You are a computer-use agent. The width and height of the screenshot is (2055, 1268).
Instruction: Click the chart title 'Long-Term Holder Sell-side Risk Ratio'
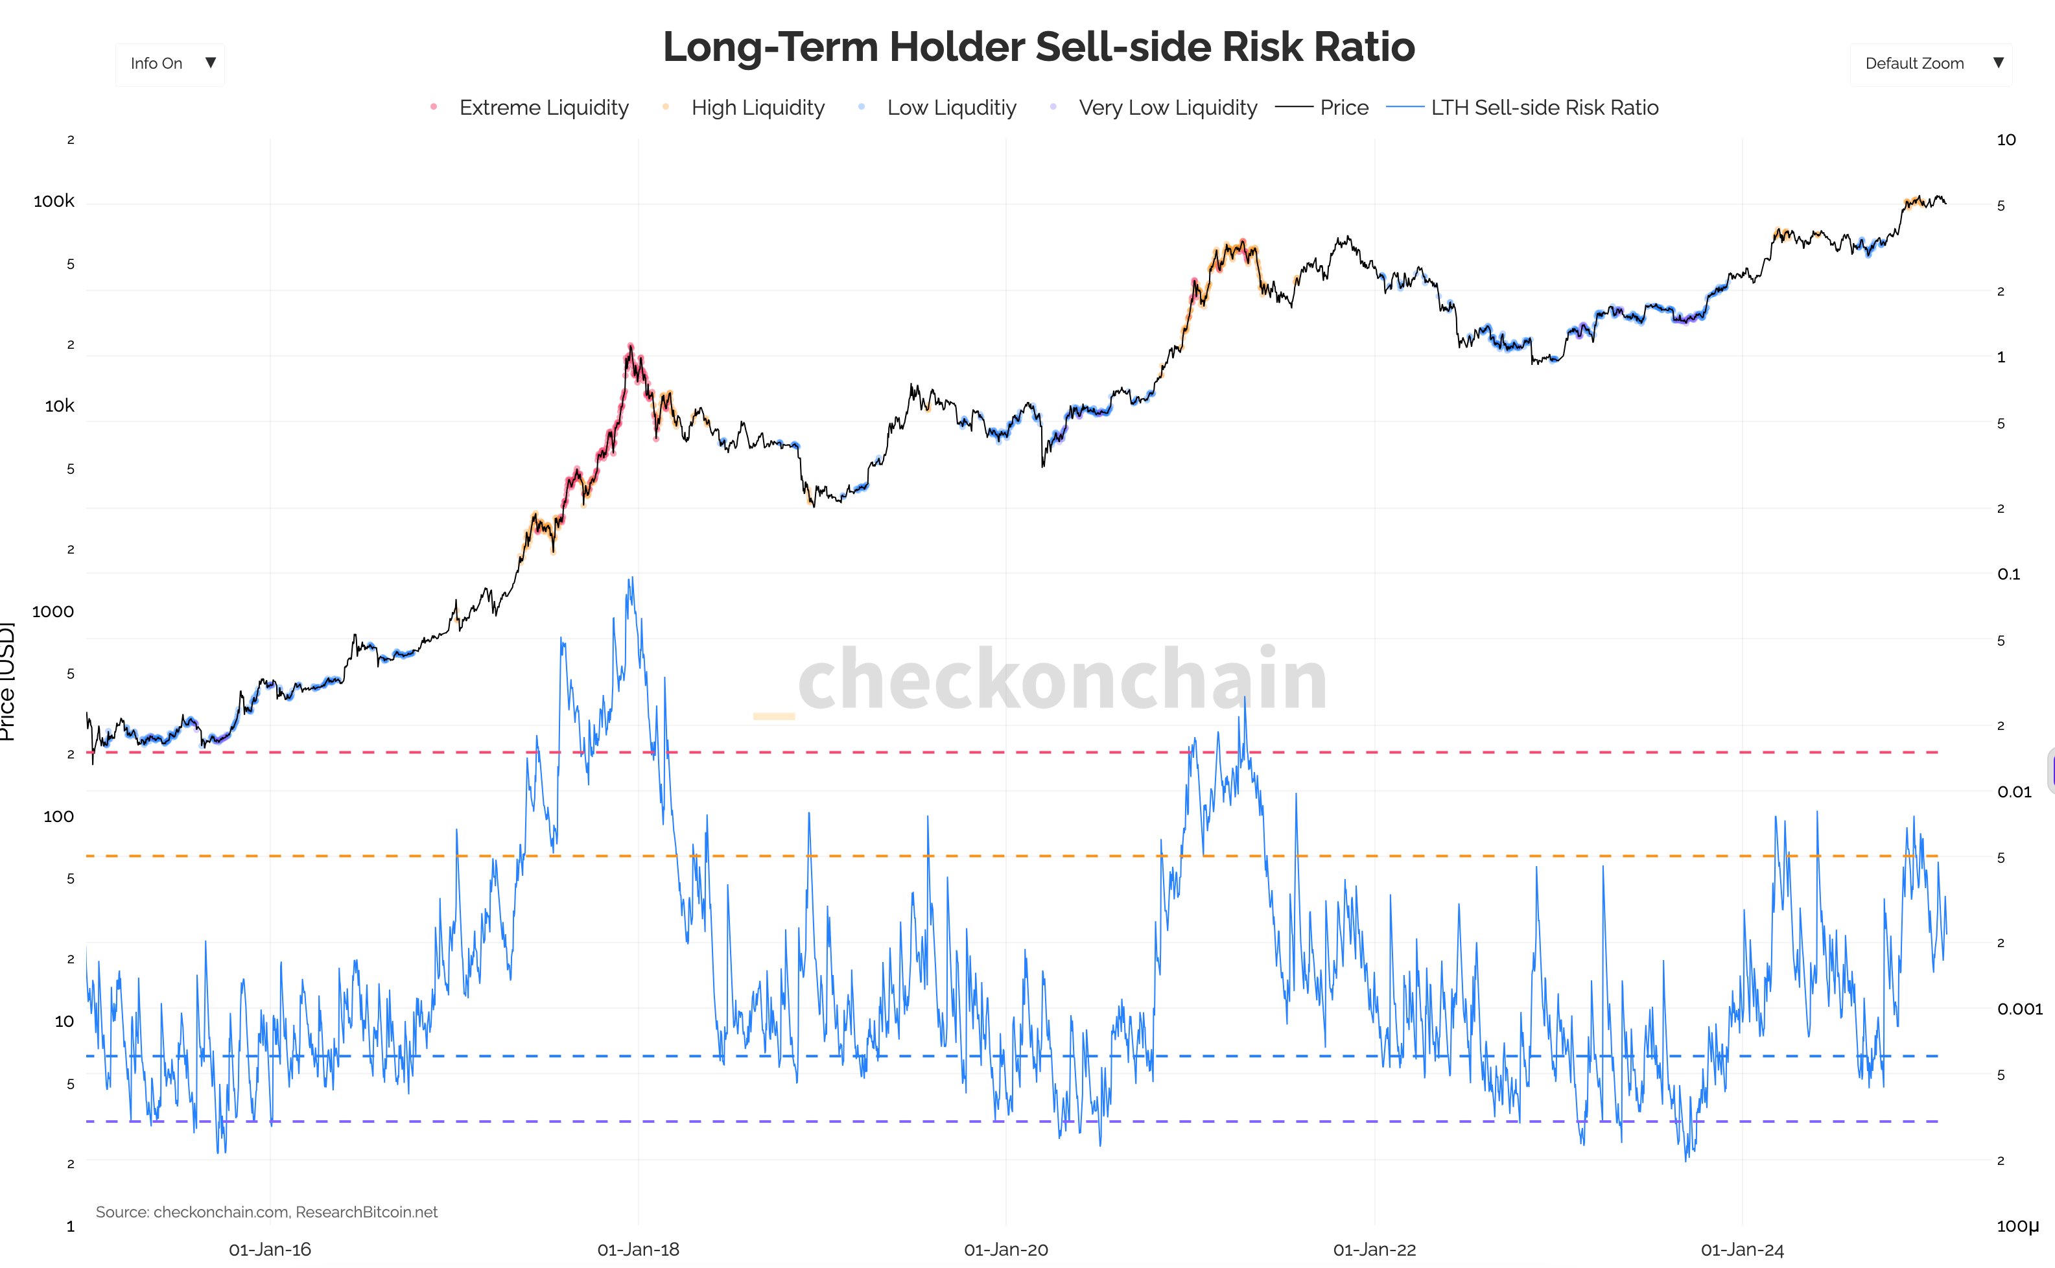[1038, 47]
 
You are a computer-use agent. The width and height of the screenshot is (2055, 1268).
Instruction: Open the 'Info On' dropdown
[170, 64]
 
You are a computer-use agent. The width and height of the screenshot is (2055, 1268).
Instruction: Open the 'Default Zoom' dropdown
[1930, 64]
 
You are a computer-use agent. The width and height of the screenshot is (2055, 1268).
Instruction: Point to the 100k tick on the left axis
[54, 201]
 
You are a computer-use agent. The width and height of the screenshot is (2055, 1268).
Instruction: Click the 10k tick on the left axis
[59, 406]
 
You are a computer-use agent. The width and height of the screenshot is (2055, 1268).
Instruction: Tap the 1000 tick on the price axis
[53, 612]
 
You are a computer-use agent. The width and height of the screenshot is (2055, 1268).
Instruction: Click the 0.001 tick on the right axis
[2019, 1009]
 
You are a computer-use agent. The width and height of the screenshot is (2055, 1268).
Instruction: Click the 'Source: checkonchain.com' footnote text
[266, 1212]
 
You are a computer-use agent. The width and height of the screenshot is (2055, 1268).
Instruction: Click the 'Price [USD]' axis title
[6, 681]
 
